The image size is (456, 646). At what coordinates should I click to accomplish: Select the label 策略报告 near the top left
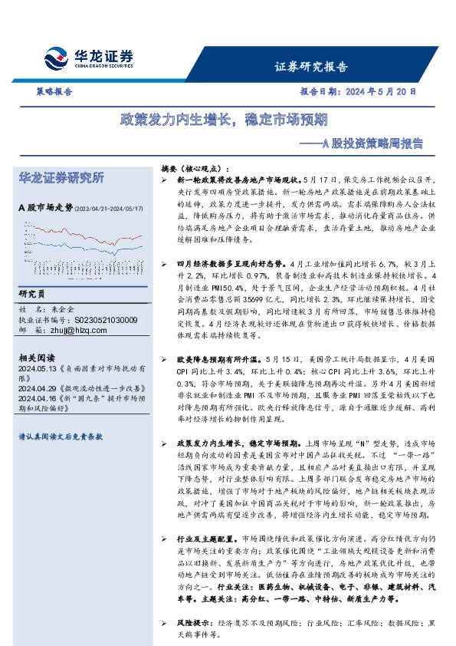[55, 91]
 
